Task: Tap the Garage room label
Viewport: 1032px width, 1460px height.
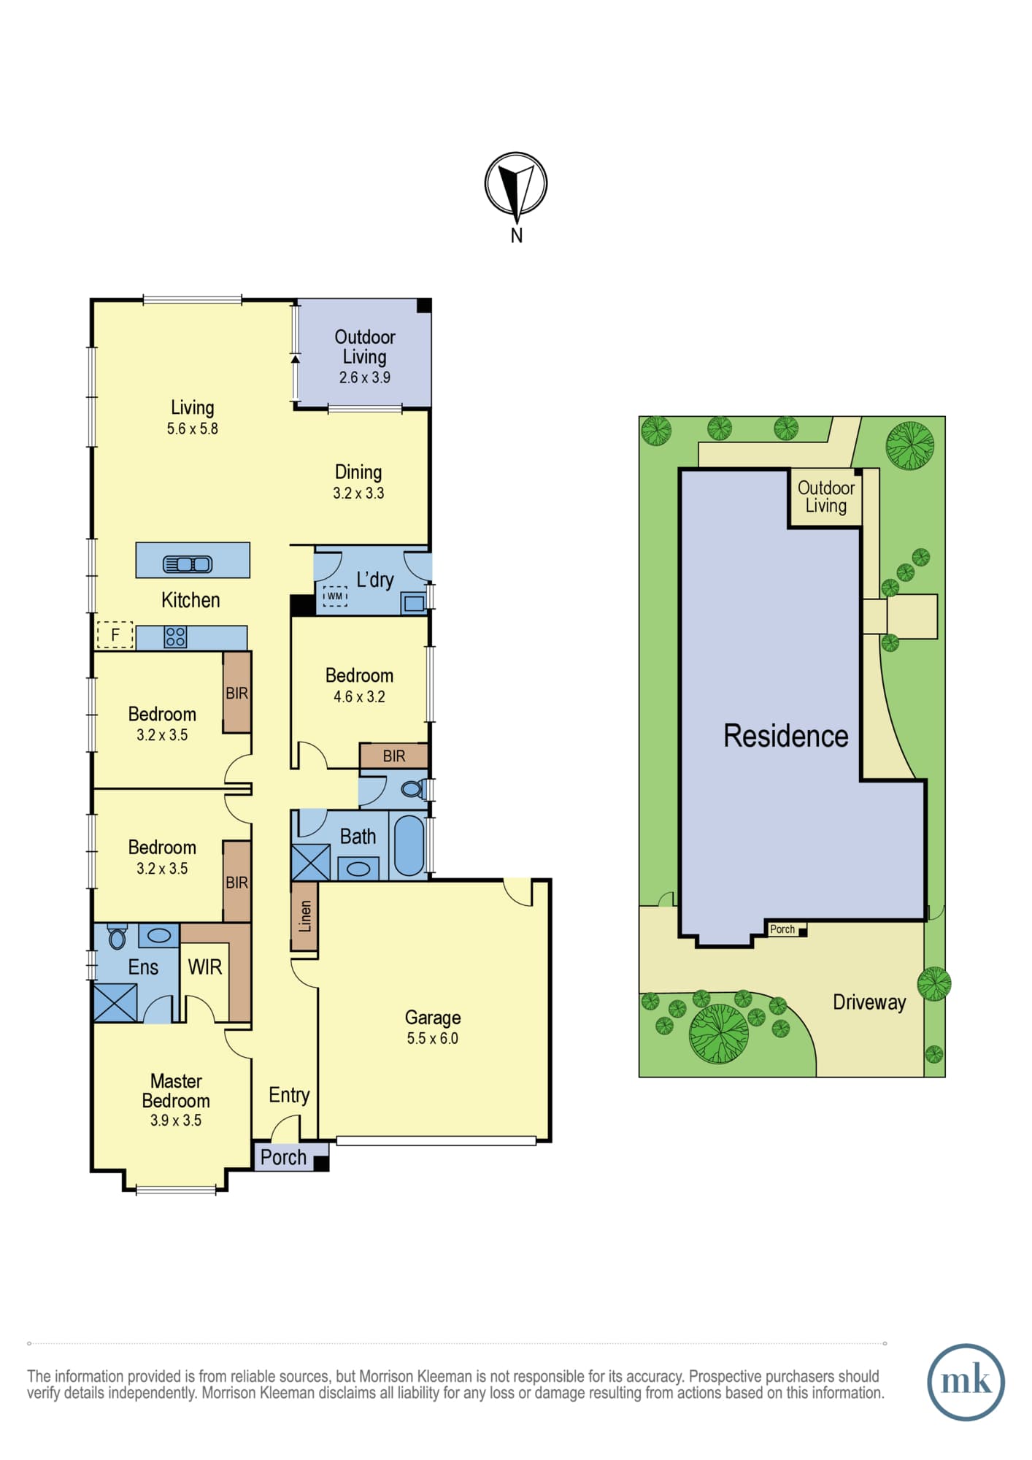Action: [433, 1018]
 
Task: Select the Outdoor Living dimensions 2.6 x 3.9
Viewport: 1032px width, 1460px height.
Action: [364, 377]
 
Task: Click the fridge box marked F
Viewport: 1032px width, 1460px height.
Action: [115, 635]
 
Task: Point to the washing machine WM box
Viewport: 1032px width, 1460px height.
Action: [335, 596]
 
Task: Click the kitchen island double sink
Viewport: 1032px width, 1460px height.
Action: [188, 564]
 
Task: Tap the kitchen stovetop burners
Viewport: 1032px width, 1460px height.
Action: [175, 637]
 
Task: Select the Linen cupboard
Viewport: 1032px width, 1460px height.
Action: [304, 916]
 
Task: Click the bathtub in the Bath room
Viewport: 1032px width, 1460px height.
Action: [409, 845]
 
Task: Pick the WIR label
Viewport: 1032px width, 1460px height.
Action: [204, 967]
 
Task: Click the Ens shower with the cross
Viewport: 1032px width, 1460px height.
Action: [115, 1002]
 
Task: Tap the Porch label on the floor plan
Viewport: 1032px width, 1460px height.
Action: [283, 1158]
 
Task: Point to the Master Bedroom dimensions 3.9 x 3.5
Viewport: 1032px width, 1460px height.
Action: [176, 1121]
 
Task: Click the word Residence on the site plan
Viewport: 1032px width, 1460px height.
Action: [786, 736]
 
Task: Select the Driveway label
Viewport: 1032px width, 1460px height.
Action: [869, 1002]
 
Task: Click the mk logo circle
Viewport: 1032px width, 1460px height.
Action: [966, 1383]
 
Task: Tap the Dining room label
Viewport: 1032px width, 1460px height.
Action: [358, 472]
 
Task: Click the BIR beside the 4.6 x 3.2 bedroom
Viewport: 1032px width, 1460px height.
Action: [393, 756]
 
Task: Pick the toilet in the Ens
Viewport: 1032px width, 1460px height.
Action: [117, 937]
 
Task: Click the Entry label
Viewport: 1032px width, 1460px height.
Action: [289, 1095]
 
